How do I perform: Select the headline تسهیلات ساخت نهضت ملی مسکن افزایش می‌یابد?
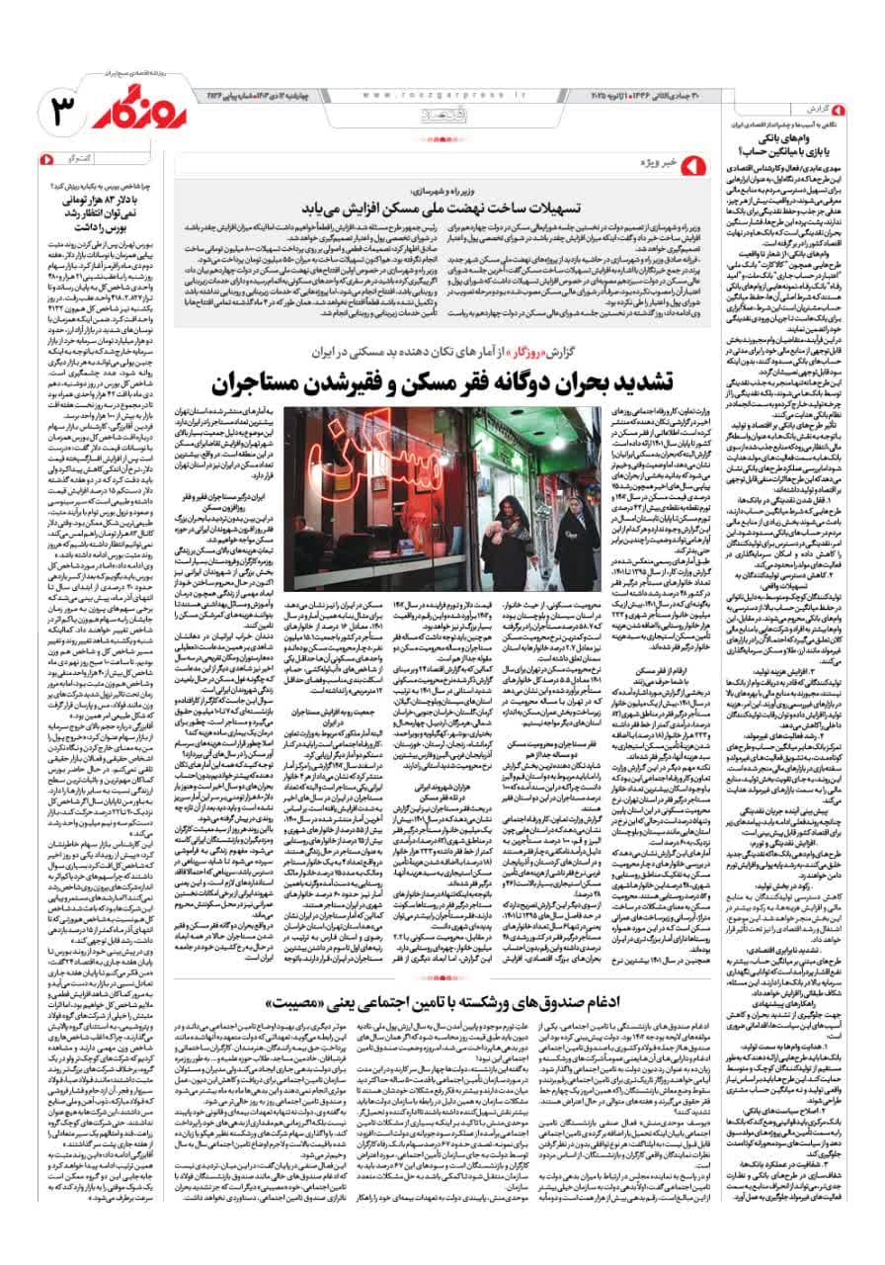coord(429,210)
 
